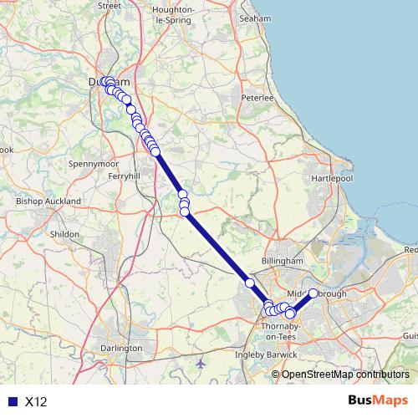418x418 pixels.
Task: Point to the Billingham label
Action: (x=282, y=262)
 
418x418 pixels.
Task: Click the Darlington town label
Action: (x=120, y=347)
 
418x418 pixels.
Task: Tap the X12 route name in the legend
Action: (x=37, y=401)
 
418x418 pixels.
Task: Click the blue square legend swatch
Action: (x=10, y=401)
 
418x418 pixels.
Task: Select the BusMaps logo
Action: (x=378, y=400)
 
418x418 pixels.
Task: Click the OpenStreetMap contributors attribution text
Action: (x=345, y=375)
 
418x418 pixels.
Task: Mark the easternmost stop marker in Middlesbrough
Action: (x=313, y=293)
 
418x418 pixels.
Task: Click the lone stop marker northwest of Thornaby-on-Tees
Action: (x=249, y=283)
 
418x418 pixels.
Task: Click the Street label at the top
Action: (x=110, y=5)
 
